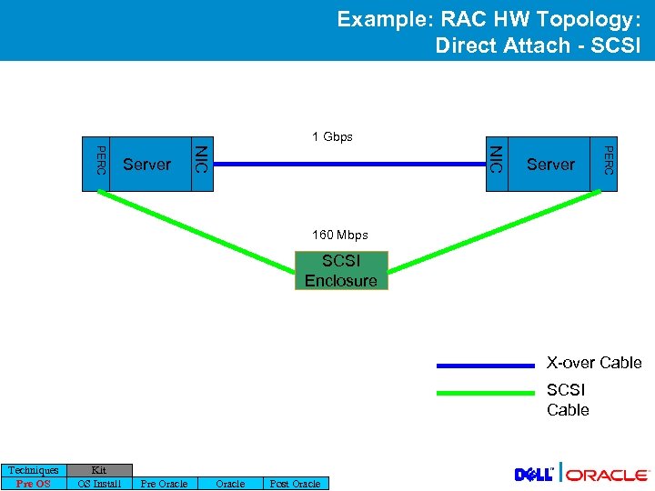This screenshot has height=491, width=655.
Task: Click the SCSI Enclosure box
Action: (x=341, y=271)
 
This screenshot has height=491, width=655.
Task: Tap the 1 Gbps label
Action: (x=332, y=137)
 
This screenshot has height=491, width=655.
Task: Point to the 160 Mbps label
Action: (x=339, y=235)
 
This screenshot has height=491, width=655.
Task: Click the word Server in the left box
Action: (x=146, y=165)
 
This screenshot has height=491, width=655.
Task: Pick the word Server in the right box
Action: (x=550, y=165)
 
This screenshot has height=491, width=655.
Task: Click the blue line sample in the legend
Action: (x=485, y=365)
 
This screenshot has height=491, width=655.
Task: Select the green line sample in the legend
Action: (x=485, y=394)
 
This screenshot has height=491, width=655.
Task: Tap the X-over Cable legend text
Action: (x=594, y=363)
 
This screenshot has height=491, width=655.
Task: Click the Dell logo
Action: (x=535, y=475)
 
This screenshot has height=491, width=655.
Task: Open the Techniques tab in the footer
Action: (x=34, y=470)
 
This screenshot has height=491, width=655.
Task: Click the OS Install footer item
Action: (x=99, y=484)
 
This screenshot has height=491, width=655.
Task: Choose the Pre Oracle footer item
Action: (x=165, y=484)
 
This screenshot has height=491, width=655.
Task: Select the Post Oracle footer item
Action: (x=295, y=484)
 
